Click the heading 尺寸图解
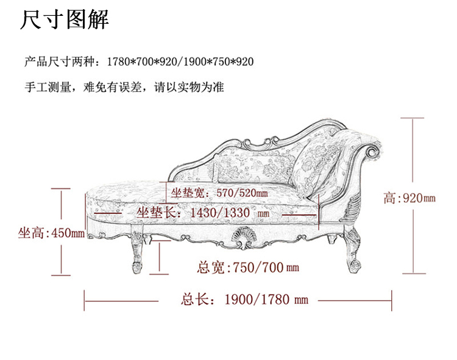65,20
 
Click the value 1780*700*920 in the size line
140,62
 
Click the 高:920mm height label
409,198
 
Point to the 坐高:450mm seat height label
51,233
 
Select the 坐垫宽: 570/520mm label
219,194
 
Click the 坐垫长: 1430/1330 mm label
202,213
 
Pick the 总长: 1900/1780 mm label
244,299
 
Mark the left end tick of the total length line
85,299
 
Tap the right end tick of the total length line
391,299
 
